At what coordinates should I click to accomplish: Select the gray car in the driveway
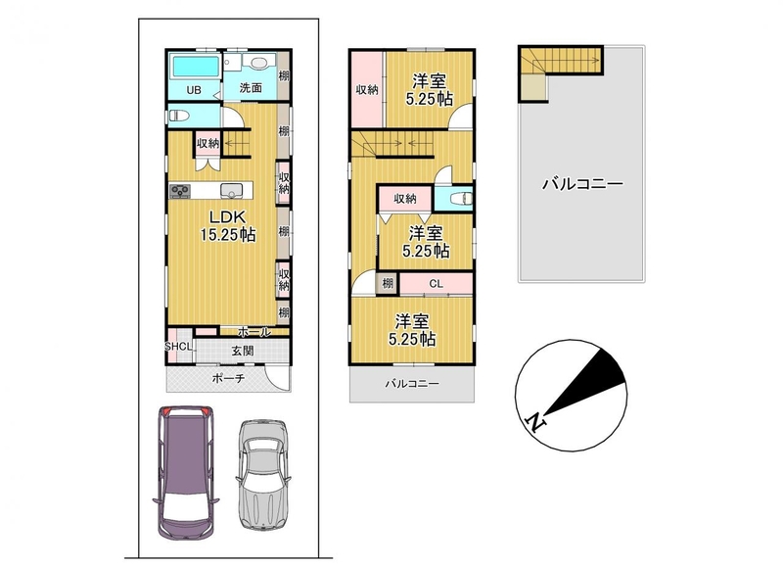pyautogui.click(x=262, y=474)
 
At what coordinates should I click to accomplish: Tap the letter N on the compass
pyautogui.click(x=535, y=422)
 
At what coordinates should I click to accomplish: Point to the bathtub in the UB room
pyautogui.click(x=196, y=67)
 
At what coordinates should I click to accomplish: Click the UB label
pyautogui.click(x=194, y=90)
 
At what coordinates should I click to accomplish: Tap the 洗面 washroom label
pyautogui.click(x=251, y=88)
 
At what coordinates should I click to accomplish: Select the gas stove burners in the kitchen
pyautogui.click(x=180, y=191)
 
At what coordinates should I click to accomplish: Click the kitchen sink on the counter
pyautogui.click(x=232, y=191)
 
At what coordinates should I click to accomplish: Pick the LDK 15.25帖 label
pyautogui.click(x=228, y=225)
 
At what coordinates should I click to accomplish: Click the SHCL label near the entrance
pyautogui.click(x=179, y=347)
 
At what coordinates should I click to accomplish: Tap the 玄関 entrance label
pyautogui.click(x=242, y=351)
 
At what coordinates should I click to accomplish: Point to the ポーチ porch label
pyautogui.click(x=228, y=379)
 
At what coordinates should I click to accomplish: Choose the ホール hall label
pyautogui.click(x=254, y=332)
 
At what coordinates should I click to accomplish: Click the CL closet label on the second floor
pyautogui.click(x=436, y=284)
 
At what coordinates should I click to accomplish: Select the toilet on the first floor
pyautogui.click(x=178, y=116)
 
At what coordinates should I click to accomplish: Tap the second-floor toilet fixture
pyautogui.click(x=461, y=199)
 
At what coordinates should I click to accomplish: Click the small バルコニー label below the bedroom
pyautogui.click(x=412, y=384)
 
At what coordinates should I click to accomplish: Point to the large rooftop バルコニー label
pyautogui.click(x=582, y=184)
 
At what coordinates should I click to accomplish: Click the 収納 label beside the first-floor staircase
pyautogui.click(x=207, y=143)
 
